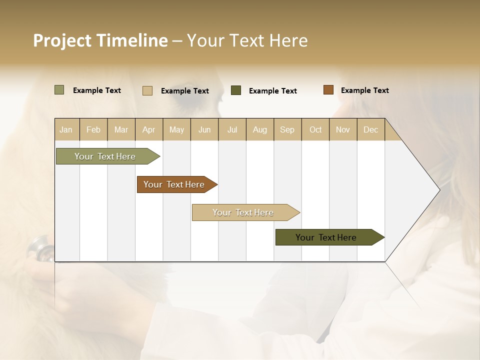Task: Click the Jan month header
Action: coord(66,129)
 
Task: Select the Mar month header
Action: coord(121,129)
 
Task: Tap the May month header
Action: coord(176,129)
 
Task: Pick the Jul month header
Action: coord(232,129)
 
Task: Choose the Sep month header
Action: coord(287,129)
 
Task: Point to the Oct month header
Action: coord(315,129)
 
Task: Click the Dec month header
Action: coord(370,129)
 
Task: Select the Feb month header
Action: coord(93,129)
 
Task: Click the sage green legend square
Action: coord(59,90)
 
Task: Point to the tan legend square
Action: coord(147,90)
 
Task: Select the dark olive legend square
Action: coord(236,90)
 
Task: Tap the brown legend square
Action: coord(328,90)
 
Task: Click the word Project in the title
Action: coord(62,40)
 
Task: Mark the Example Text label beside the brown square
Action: coord(364,90)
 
